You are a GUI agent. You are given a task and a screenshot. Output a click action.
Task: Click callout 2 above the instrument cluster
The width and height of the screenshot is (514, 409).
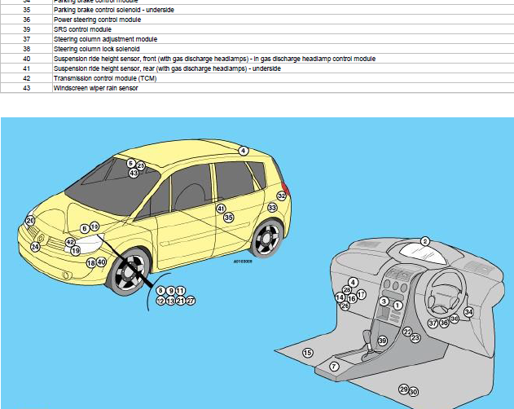(424, 241)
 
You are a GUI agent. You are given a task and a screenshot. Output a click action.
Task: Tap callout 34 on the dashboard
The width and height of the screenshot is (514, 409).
(468, 312)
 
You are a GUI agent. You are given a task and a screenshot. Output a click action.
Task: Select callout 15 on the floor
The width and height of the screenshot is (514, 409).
(307, 353)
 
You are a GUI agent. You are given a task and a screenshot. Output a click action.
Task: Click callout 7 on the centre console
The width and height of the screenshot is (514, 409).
(334, 367)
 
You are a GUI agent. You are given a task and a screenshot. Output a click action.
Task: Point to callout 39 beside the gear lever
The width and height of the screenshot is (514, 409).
(382, 341)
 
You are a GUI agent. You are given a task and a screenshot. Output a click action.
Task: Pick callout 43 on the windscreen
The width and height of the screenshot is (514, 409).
(134, 174)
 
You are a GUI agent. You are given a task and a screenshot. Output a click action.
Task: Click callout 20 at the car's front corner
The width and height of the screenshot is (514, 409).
(30, 221)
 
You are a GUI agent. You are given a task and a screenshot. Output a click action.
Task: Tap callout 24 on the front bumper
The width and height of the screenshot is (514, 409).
(35, 247)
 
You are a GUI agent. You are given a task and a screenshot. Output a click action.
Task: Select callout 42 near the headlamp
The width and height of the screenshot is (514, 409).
(70, 242)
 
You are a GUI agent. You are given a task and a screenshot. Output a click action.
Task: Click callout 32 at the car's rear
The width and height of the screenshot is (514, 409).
(282, 196)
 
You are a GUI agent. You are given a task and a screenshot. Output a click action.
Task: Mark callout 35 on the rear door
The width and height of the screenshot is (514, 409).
(229, 218)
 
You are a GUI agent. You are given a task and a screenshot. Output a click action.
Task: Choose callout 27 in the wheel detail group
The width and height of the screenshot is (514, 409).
(191, 301)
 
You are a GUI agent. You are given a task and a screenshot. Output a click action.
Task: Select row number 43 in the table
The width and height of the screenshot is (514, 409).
(27, 88)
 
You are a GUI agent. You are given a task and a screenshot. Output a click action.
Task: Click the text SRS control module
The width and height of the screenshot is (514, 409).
(82, 29)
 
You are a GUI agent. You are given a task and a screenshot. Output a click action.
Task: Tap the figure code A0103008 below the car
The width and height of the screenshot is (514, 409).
(243, 262)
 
